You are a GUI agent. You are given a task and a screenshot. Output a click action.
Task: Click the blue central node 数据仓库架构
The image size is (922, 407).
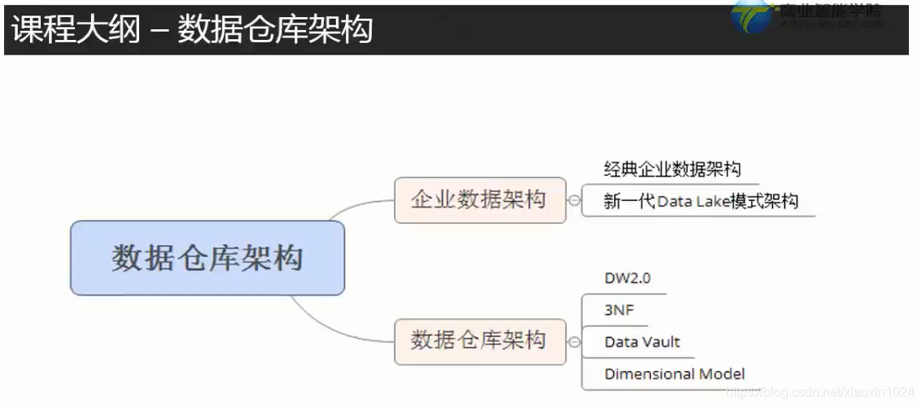(x=208, y=258)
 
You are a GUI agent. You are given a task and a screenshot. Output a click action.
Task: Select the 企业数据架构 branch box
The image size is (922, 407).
(x=479, y=200)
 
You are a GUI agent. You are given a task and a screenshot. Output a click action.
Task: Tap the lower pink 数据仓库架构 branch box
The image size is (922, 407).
(x=479, y=341)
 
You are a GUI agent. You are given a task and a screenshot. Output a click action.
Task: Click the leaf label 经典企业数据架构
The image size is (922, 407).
(x=672, y=169)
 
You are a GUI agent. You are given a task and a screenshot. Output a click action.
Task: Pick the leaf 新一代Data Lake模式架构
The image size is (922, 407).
(x=701, y=201)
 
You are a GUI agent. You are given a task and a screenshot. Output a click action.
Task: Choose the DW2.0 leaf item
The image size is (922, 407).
(x=627, y=278)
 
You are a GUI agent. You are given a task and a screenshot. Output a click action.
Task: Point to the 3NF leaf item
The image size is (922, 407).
(x=619, y=310)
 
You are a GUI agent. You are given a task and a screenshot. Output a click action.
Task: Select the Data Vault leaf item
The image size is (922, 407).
(x=642, y=342)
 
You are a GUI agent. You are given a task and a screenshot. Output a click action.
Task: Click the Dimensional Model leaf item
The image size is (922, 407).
(x=675, y=374)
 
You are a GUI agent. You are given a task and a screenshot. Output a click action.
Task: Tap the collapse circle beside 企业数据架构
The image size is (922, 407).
(x=575, y=200)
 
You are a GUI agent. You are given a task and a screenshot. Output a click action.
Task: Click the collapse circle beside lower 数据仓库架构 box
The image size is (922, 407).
(x=575, y=342)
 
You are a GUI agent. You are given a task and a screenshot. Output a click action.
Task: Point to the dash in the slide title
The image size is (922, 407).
(x=159, y=30)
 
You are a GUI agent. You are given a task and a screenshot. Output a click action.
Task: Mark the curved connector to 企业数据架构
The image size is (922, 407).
(x=358, y=206)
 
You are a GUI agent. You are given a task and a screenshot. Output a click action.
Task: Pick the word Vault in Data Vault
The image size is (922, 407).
(x=660, y=342)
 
